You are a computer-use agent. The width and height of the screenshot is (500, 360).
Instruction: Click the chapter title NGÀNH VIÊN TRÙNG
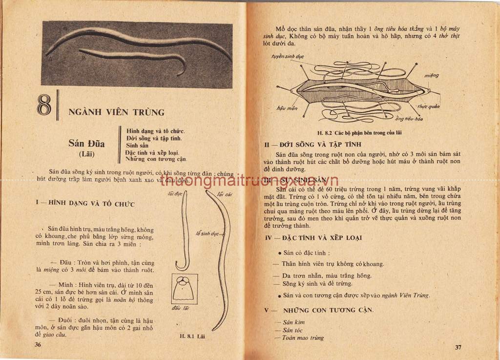116,112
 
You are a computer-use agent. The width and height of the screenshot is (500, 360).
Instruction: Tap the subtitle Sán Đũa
86,144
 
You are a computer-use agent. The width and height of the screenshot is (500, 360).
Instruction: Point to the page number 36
38,344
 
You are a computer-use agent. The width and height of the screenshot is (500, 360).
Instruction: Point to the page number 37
458,347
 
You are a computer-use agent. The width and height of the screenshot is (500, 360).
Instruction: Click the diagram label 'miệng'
431,75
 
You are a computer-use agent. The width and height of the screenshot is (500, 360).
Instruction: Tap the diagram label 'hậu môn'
287,108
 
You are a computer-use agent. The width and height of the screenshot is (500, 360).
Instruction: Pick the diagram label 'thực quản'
428,106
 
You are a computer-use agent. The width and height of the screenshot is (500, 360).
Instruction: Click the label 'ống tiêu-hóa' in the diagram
409,119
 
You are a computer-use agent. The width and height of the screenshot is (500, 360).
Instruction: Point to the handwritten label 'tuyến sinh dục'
288,56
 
